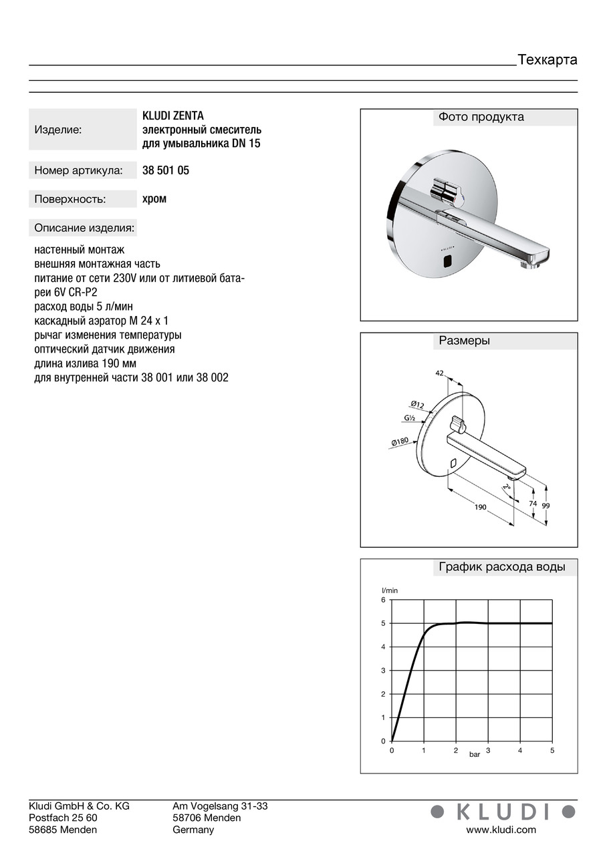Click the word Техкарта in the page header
tap(547, 60)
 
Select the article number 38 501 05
tap(166, 170)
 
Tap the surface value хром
tap(154, 198)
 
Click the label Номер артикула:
tap(78, 171)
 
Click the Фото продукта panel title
tap(481, 118)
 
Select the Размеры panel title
tap(464, 341)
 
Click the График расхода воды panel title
tap(501, 567)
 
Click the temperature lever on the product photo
tap(447, 190)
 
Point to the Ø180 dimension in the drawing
tap(400, 442)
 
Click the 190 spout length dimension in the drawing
tap(480, 508)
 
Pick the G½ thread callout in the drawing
tap(409, 418)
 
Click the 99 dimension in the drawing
tap(546, 506)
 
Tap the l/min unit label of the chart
tap(390, 590)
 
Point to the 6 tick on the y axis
tap(383, 600)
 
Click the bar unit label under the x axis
tap(475, 754)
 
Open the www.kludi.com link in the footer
tap(501, 830)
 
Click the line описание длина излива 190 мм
tap(85, 363)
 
